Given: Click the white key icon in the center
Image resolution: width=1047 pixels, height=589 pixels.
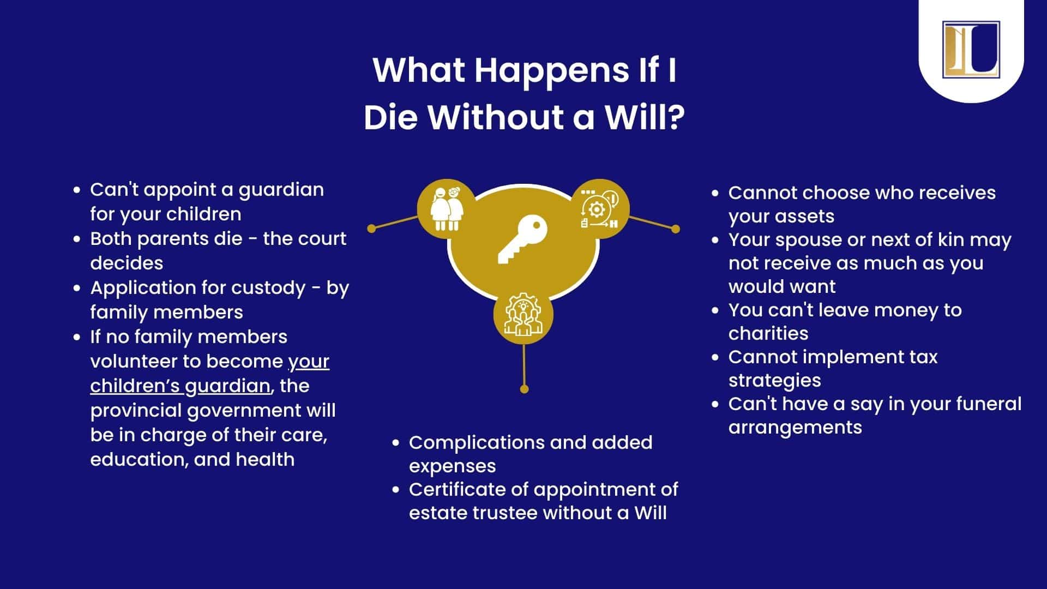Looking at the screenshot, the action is click(522, 239).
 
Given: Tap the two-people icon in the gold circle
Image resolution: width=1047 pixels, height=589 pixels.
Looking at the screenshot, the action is click(448, 209).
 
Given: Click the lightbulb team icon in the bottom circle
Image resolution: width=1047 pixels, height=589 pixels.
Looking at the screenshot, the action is click(523, 315).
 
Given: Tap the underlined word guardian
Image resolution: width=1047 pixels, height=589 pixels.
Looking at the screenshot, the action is click(228, 386).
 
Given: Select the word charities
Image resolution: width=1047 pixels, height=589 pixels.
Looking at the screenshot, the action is click(768, 333).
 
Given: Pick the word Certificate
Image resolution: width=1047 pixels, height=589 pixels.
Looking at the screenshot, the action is click(458, 489).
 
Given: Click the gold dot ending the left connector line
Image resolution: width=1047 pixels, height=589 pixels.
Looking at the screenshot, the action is click(372, 229).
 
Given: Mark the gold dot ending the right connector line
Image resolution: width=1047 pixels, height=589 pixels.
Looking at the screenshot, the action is click(676, 229).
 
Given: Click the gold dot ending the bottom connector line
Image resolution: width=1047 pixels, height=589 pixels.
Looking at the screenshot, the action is click(524, 389).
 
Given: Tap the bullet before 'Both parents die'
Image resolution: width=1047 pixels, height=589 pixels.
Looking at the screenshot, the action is click(77, 239).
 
